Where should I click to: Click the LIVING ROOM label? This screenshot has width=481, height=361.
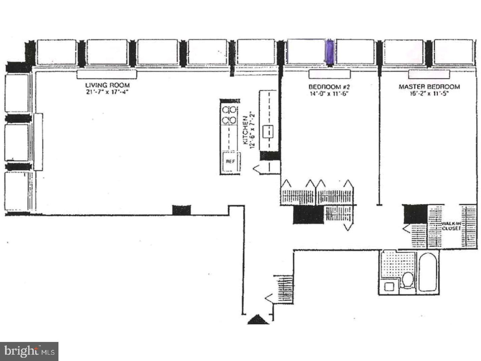click(x=107, y=85)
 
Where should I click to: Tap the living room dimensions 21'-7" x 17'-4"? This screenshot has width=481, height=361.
click(x=107, y=92)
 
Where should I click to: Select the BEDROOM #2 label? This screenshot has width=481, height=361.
click(x=329, y=87)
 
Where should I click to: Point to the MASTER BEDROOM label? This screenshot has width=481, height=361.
click(x=429, y=87)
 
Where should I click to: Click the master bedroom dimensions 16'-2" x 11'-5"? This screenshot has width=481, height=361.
click(x=429, y=94)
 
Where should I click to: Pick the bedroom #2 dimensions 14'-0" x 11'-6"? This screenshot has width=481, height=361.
click(x=329, y=94)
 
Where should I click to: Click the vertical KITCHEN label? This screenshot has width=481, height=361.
click(x=245, y=130)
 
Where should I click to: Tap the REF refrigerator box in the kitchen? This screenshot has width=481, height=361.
click(x=230, y=161)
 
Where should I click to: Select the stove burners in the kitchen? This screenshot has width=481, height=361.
click(x=229, y=115)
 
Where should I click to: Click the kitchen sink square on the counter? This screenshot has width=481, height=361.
click(x=268, y=131)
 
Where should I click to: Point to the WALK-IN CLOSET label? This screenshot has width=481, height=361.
click(x=451, y=226)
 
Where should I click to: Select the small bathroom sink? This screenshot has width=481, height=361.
click(x=389, y=286)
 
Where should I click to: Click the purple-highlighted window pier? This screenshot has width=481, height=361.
click(x=329, y=52)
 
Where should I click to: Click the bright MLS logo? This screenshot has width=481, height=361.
click(x=29, y=351)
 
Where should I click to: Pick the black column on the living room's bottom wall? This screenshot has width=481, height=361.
click(x=181, y=210)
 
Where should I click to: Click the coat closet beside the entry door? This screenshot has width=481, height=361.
click(x=284, y=289)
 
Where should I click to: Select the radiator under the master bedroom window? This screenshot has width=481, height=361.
click(x=429, y=74)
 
